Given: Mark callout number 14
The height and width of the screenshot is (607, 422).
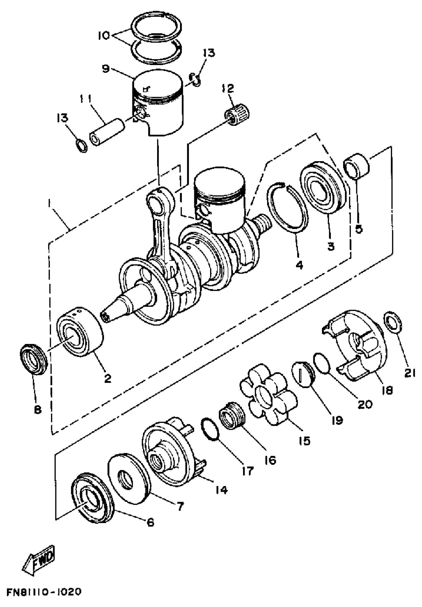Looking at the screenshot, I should point(221,491).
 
